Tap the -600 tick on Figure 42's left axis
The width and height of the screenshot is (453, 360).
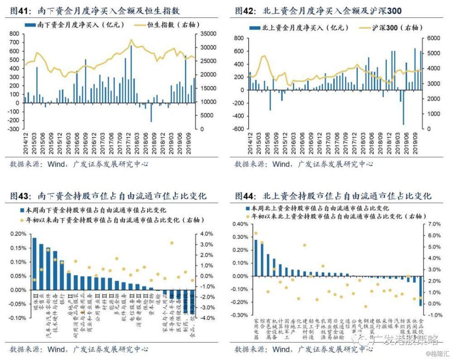click(x=238, y=129)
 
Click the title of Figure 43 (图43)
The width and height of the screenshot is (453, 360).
click(x=108, y=196)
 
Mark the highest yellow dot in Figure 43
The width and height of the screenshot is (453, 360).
click(x=172, y=243)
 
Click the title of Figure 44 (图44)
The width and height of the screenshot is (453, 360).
click(x=333, y=196)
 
